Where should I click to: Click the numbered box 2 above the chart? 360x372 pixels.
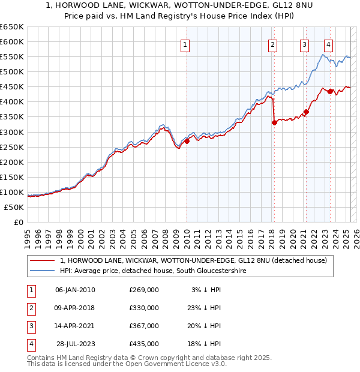[272, 44]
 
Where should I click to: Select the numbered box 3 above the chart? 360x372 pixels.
[305, 44]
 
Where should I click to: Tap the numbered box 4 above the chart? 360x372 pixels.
[329, 44]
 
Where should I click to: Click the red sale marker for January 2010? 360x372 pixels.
[187, 141]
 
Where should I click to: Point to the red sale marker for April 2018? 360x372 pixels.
[274, 122]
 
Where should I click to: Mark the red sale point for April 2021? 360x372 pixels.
[306, 112]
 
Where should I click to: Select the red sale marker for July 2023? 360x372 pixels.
[330, 91]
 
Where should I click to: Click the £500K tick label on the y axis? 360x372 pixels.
[12, 72]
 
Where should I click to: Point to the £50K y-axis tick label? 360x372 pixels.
[14, 207]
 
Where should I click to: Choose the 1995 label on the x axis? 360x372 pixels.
[28, 235]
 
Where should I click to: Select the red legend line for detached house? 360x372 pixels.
[43, 260]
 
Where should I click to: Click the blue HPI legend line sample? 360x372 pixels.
[43, 271]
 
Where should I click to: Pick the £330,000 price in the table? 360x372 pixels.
[144, 308]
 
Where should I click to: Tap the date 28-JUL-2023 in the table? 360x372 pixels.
[76, 344]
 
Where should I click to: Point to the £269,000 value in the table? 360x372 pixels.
[144, 290]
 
